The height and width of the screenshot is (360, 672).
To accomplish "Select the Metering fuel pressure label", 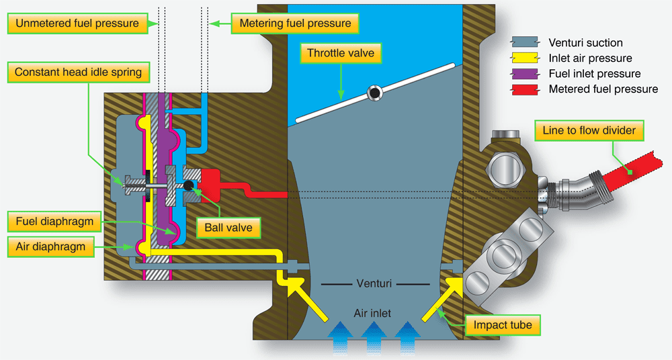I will click(294, 24).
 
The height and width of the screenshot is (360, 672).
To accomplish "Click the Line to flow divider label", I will click(589, 130).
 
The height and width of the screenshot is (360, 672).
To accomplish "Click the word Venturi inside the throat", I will click(372, 283).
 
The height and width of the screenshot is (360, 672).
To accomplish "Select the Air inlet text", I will click(372, 312).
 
